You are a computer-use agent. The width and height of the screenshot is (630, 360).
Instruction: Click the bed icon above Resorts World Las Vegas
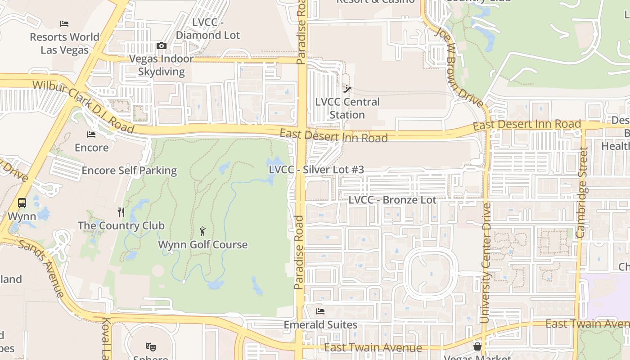[x=64, y=24]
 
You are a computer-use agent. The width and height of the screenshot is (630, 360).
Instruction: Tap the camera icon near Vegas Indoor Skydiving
[x=161, y=45]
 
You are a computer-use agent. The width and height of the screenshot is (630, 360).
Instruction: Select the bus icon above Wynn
[x=22, y=203]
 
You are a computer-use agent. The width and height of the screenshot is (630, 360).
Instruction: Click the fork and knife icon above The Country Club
[x=121, y=212]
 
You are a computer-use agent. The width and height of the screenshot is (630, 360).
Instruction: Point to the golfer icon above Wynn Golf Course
[x=202, y=232]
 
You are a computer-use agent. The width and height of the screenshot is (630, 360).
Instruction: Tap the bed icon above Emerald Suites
[x=320, y=311]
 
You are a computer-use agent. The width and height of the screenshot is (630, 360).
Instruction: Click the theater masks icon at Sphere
[x=151, y=347]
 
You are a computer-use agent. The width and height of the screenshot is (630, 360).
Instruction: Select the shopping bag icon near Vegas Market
[x=477, y=346]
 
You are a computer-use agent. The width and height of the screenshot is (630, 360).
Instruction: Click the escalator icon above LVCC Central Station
[x=347, y=89]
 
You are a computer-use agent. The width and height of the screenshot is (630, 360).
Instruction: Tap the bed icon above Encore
[x=91, y=135]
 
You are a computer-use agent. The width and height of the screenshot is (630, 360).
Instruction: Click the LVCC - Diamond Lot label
[x=208, y=29]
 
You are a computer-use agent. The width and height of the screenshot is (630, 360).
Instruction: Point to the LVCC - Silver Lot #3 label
[x=316, y=170]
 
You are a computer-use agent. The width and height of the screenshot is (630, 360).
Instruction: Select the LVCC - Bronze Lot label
[x=392, y=200]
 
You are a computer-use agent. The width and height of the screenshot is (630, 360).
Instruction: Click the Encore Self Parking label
[x=129, y=171]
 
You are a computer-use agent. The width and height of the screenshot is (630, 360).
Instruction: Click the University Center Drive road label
[x=485, y=263]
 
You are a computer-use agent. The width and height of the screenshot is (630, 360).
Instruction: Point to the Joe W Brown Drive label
[x=459, y=67]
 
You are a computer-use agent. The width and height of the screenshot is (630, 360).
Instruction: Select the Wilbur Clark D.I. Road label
[x=83, y=107]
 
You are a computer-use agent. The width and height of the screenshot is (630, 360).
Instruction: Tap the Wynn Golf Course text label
[x=202, y=245]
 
